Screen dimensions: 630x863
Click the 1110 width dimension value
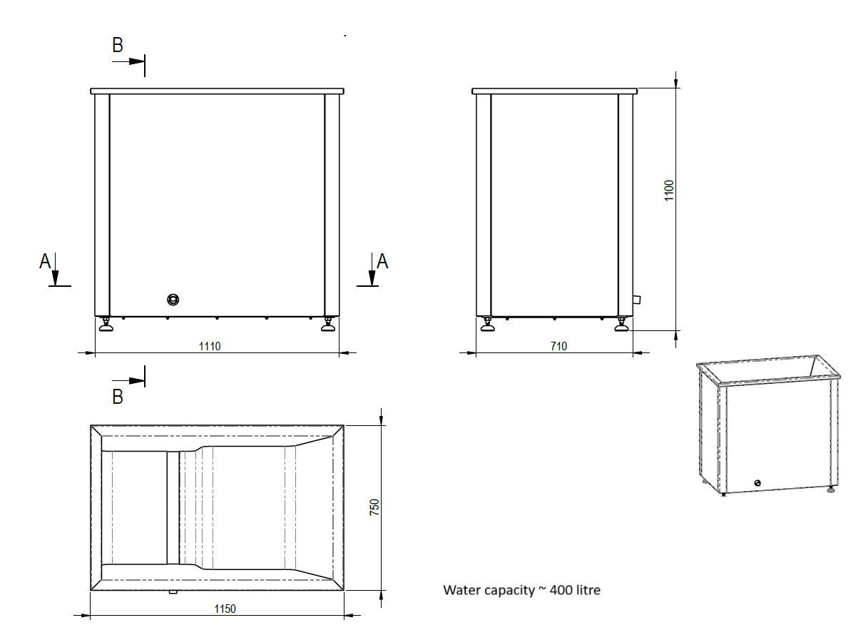pos(210,346)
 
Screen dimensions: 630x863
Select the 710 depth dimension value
pos(558,346)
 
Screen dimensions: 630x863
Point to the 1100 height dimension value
pos(669,190)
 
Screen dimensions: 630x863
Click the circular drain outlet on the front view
pos(173,299)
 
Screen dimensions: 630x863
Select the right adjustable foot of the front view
pos(328,326)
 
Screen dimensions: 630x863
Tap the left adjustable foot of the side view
pos(488,326)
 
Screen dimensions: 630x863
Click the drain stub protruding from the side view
pos(636,300)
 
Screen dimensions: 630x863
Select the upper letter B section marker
pos(118,45)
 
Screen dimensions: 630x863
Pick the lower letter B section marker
pos(118,396)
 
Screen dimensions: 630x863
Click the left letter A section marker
pos(45,262)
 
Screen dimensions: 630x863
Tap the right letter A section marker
pos(382,262)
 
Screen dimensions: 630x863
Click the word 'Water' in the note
pos(459,591)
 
